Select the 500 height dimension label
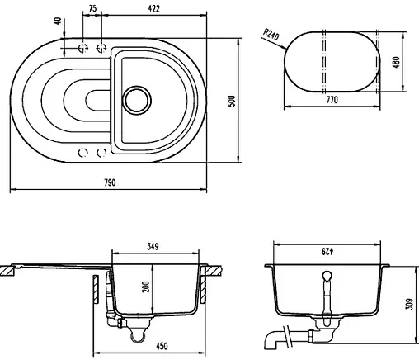point(233,101)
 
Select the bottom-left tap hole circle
point(82,153)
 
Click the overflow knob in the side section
point(327,277)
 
